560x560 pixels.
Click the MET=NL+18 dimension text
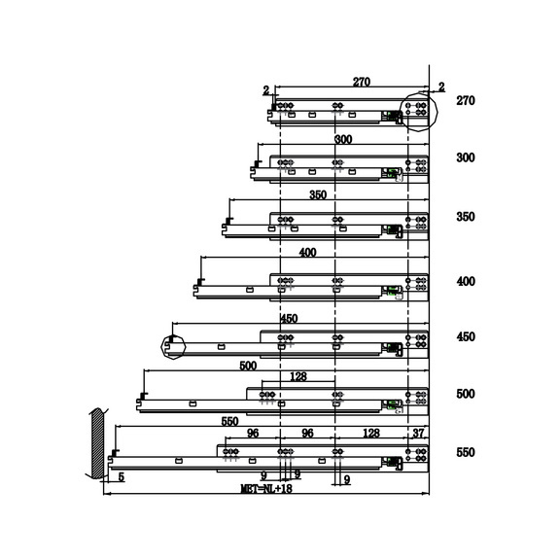pos(266,488)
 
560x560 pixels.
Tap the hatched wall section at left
pos(97,443)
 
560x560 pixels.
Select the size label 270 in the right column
pos(466,101)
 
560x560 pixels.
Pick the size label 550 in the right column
pos(466,452)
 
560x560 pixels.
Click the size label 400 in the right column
pos(466,281)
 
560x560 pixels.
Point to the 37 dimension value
pos(418,434)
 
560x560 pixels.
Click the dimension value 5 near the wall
pos(122,476)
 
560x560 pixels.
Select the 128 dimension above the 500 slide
pos(298,376)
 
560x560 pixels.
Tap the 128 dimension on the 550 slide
pos(370,434)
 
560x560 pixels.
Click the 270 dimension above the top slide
pos(362,82)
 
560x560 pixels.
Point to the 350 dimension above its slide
pos(318,195)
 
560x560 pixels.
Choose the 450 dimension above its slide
pos(289,319)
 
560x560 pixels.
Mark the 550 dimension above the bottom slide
pos(229,421)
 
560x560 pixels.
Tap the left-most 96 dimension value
pos(253,434)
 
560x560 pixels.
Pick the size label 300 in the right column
pos(466,157)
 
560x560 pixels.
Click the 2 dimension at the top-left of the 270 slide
pos(266,90)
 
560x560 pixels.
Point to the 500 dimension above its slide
pos(248,366)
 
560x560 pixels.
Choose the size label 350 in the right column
pos(466,217)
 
